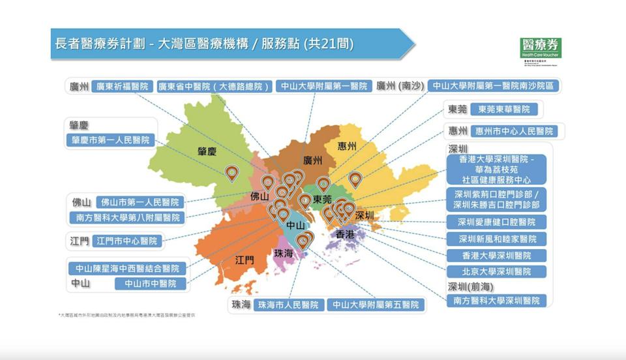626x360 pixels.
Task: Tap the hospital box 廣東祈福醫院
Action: coord(123,86)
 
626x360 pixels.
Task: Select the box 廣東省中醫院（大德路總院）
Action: coord(213,86)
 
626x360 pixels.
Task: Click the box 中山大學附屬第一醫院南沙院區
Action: coord(494,86)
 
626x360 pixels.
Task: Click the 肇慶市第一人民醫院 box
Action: coord(110,140)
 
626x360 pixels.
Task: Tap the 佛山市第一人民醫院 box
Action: coord(140,202)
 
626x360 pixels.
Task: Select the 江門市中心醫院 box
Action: coord(127,241)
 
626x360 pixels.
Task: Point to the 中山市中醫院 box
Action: coord(150,284)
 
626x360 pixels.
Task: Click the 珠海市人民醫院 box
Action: coord(288,305)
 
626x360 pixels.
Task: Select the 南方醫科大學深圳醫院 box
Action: coord(497,301)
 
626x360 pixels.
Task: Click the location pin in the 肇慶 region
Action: coord(231,173)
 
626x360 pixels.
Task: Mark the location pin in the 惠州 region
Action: coord(355,179)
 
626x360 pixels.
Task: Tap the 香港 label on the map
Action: coord(345,233)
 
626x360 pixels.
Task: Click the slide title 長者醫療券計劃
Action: coord(98,44)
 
